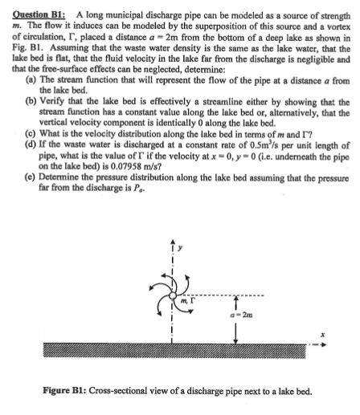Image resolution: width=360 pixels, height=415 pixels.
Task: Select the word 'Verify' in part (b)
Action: pos(57,125)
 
